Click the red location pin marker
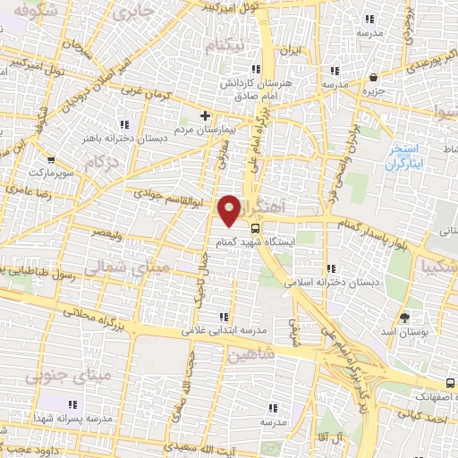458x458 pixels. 231,209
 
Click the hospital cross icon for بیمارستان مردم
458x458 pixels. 206,115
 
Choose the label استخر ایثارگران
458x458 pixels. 407,156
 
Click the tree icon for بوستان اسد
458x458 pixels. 404,318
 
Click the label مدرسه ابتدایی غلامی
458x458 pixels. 225,331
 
